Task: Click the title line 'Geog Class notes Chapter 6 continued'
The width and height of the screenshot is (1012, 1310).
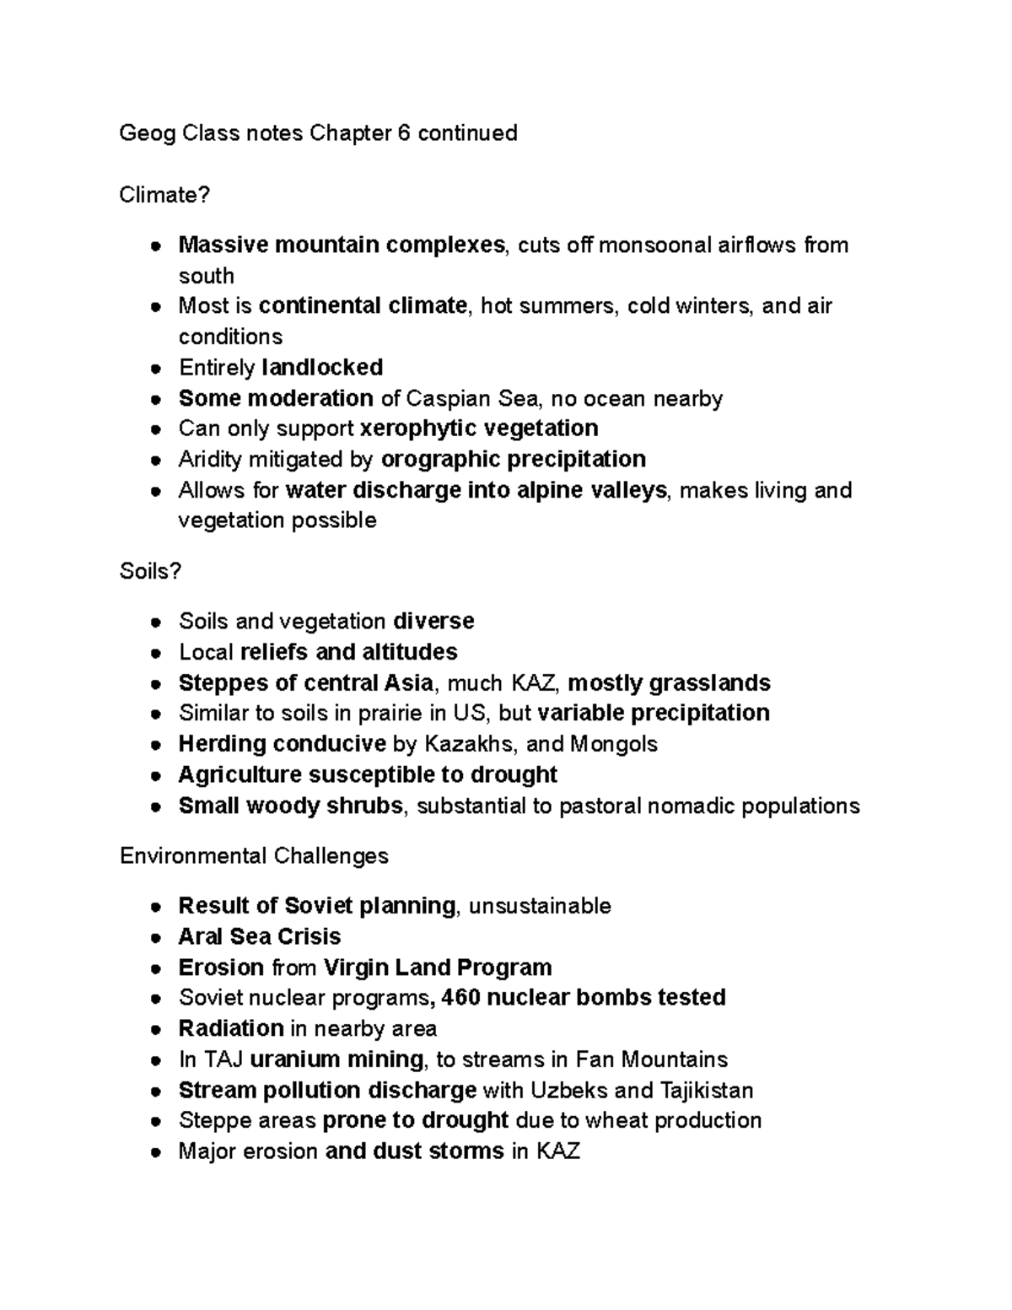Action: [x=318, y=133]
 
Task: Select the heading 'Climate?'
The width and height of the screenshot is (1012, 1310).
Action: [x=164, y=195]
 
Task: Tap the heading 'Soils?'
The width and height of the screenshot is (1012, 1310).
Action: [x=150, y=571]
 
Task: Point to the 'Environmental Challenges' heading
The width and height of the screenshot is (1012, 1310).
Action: [x=254, y=856]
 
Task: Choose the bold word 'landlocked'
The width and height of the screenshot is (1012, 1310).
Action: [x=322, y=368]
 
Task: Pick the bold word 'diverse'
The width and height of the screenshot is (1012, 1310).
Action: [x=433, y=622]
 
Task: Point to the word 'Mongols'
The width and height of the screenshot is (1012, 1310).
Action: [x=614, y=744]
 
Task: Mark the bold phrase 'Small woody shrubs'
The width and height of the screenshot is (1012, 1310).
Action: [x=290, y=806]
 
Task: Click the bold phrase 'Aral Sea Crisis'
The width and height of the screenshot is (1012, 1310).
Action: [x=260, y=936]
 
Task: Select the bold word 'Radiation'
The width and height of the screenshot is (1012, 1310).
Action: [x=231, y=1028]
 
